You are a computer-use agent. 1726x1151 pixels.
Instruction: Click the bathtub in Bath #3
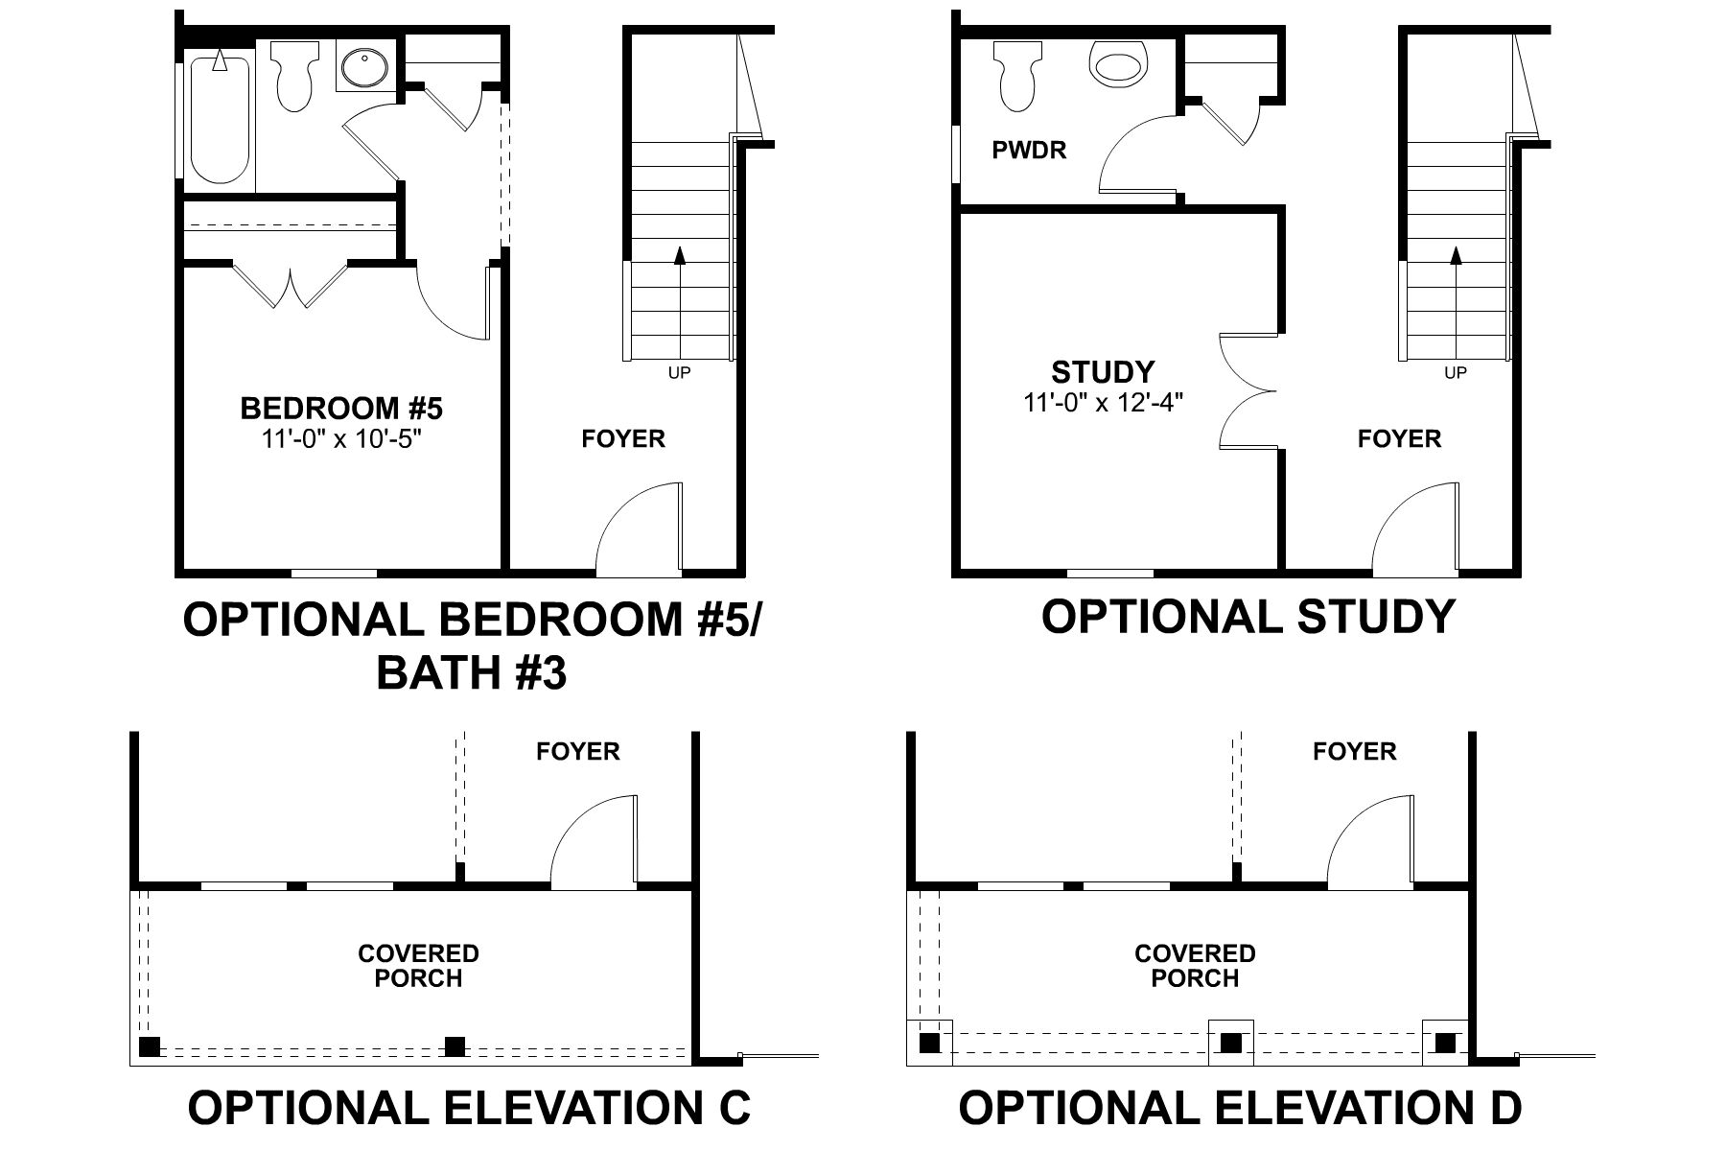220,120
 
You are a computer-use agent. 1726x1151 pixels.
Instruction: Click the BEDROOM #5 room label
341,409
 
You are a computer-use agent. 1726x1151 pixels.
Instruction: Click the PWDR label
1029,151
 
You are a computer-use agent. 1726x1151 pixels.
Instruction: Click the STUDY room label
1103,372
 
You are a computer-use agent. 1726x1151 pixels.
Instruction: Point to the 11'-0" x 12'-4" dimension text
1104,402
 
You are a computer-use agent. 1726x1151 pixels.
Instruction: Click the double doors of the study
1247,391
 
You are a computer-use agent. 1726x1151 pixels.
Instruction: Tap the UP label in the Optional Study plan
1456,373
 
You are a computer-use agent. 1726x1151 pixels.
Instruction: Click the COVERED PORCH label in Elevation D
1195,966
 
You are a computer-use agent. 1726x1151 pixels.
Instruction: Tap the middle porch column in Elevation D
1230,1043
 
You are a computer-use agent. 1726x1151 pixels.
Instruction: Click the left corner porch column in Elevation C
150,1045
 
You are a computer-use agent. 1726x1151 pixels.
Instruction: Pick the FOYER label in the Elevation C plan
578,752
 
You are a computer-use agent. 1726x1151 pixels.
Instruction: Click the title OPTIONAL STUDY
1248,617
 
